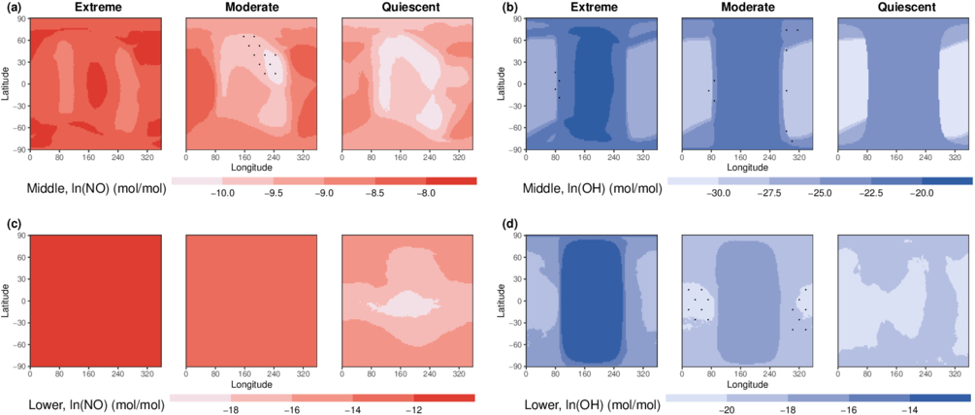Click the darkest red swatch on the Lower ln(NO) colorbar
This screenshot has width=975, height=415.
tap(444, 398)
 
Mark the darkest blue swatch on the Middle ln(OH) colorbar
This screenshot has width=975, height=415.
tap(946, 180)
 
